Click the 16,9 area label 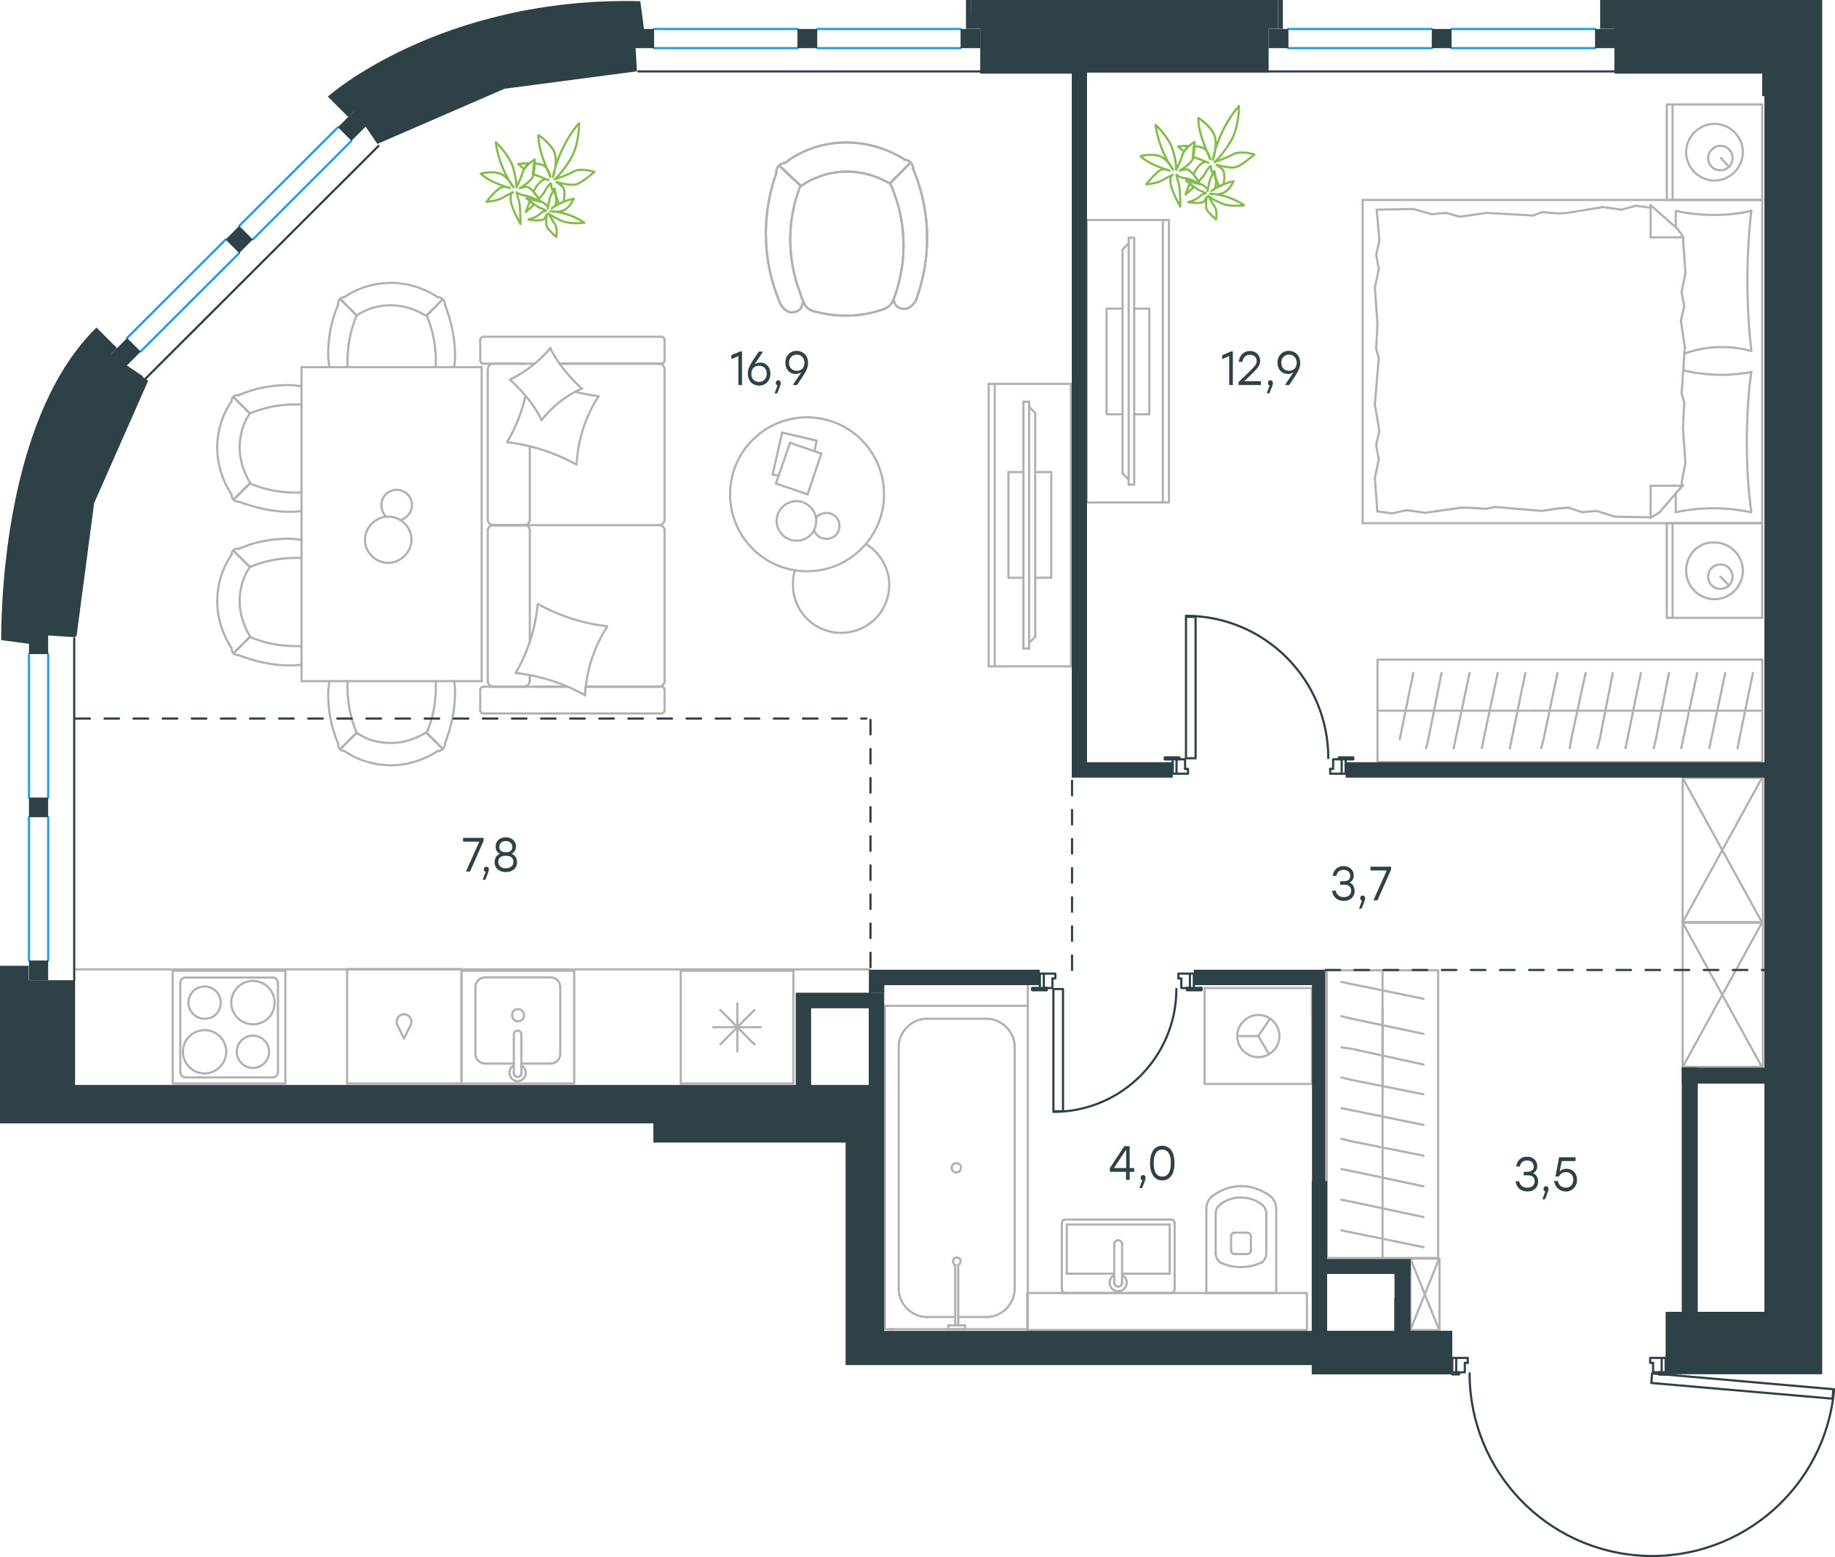click(769, 370)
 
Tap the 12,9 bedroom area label click(1260, 370)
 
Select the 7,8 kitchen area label click(490, 856)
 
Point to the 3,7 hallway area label click(1361, 885)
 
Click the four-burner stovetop click(228, 1027)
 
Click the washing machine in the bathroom click(1258, 1035)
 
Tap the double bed click(1562, 362)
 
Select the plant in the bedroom click(1198, 162)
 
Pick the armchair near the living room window click(846, 228)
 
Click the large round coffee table click(807, 494)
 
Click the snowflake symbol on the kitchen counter click(737, 1027)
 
